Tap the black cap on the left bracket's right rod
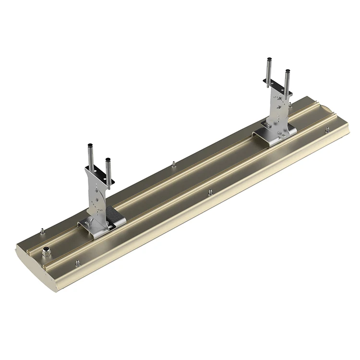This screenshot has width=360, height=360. (x=108, y=159)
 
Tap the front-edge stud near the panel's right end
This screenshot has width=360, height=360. (x=326, y=129)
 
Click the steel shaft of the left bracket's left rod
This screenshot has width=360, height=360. (x=90, y=158)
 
